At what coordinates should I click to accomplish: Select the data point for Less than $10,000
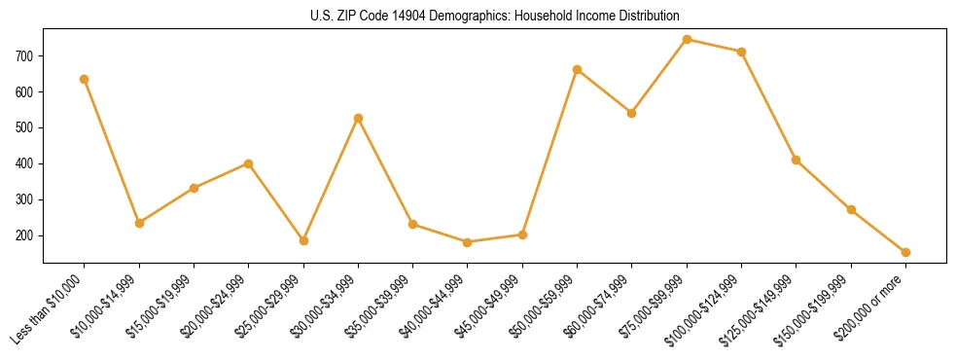click(x=85, y=79)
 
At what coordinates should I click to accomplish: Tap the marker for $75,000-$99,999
click(x=687, y=40)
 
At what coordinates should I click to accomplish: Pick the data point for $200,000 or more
click(x=905, y=252)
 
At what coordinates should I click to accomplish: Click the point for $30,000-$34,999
click(x=358, y=118)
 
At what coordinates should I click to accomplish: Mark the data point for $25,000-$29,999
click(x=303, y=240)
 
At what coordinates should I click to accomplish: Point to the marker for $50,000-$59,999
click(x=578, y=69)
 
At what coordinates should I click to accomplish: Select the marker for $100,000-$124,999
click(x=741, y=52)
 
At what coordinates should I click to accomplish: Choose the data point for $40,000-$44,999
click(x=468, y=242)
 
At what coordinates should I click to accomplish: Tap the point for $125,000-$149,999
click(x=797, y=160)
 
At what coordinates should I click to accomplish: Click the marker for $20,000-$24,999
click(x=249, y=163)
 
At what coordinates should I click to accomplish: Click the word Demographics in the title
click(x=468, y=17)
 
